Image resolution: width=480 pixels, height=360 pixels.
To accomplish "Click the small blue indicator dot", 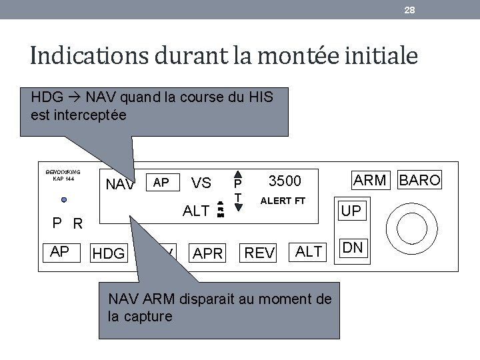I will coord(63,199).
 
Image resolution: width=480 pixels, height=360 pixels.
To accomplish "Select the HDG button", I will coord(109,253).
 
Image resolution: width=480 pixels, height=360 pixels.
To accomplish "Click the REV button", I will coord(259,253).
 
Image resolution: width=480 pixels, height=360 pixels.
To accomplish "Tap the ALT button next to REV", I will coord(309,251).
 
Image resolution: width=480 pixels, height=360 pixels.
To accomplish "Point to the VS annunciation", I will coord(201,183).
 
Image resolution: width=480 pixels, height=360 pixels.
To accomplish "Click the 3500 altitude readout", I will coord(285,181).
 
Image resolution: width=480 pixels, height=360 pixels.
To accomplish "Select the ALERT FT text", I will coord(283,201).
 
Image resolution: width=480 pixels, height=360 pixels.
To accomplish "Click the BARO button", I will coord(419,180).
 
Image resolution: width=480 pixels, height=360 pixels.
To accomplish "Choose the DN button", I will coord(353,247).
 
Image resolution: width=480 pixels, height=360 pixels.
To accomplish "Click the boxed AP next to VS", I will coord(161,183).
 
